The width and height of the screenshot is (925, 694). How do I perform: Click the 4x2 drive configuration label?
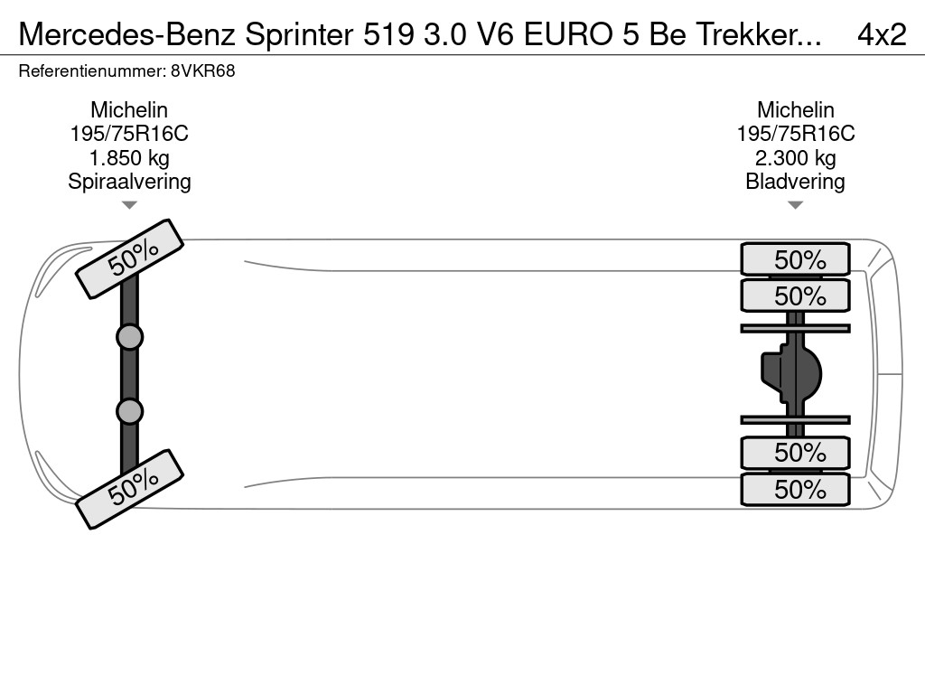click(881, 34)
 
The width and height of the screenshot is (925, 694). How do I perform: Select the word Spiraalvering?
click(129, 182)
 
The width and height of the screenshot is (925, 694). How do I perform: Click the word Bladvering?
click(795, 182)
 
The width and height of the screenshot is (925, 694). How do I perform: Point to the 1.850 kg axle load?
click(129, 158)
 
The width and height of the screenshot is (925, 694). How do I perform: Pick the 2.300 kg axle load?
click(795, 158)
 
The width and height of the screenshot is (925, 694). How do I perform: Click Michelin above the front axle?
click(129, 110)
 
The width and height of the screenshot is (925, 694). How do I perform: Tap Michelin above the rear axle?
click(795, 110)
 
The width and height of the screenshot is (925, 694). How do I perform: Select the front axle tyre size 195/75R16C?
click(129, 134)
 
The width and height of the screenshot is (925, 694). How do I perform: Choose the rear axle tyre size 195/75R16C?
click(795, 134)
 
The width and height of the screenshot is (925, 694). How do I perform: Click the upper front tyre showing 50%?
click(130, 258)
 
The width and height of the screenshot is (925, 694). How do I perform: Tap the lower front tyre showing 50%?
click(130, 488)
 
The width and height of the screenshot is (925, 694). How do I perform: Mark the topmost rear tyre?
click(795, 259)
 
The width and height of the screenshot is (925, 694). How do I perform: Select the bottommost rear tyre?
click(795, 490)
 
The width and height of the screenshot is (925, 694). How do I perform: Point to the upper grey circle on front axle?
click(129, 337)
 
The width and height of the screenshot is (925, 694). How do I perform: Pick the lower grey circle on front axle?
click(129, 411)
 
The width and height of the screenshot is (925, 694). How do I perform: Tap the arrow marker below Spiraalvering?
click(129, 205)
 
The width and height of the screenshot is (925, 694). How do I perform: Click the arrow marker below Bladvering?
click(795, 205)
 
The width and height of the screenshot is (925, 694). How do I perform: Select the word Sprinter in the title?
click(302, 34)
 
